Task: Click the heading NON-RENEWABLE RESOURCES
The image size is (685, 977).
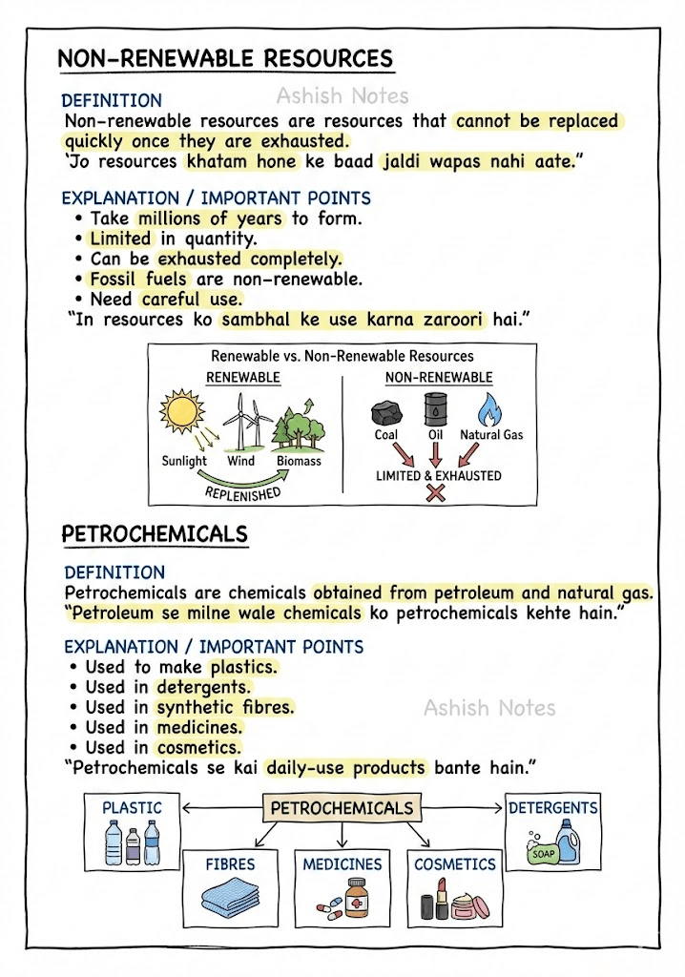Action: [225, 58]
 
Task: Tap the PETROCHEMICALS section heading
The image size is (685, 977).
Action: [155, 533]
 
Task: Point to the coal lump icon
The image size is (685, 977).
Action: [385, 412]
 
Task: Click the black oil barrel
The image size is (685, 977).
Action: [435, 408]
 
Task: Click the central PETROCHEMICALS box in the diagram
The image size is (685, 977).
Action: [342, 808]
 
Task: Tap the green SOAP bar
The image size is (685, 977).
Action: [543, 855]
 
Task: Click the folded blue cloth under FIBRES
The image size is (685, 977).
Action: [230, 900]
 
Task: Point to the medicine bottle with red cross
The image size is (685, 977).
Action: [355, 897]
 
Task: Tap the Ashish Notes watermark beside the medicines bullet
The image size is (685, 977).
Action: [489, 708]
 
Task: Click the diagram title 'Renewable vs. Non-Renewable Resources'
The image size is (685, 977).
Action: [342, 356]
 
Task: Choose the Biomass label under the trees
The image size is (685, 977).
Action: [299, 461]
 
